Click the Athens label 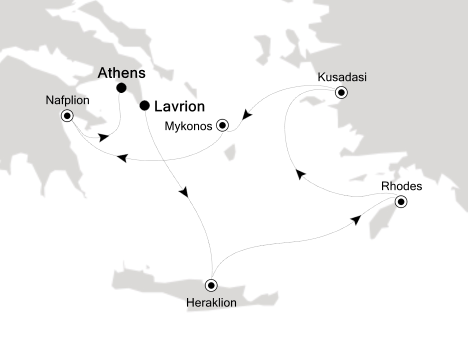point(121,73)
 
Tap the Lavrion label point(179,106)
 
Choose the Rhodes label point(401,186)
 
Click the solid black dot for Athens point(121,88)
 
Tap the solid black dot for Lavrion point(144,105)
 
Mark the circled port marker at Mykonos point(222,125)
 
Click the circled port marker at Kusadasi point(341,92)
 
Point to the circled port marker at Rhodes point(400,202)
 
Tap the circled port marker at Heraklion point(212,285)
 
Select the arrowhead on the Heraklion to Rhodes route point(355,221)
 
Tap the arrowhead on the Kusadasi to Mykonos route point(246,116)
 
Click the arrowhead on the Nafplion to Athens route point(104,137)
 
